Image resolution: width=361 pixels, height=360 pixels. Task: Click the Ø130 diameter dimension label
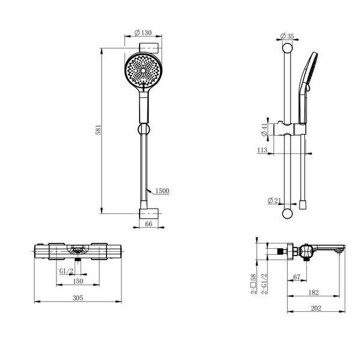(x=143, y=32)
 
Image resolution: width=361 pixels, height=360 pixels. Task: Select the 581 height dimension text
(x=98, y=130)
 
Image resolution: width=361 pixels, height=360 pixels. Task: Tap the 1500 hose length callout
(x=162, y=191)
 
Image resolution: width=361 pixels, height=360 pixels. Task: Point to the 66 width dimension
(x=149, y=224)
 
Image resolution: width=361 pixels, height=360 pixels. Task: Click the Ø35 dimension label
(x=287, y=36)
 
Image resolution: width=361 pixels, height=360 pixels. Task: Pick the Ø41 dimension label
(x=264, y=130)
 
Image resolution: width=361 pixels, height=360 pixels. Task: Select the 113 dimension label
(x=262, y=150)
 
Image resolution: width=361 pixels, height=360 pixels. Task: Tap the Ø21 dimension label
(x=274, y=201)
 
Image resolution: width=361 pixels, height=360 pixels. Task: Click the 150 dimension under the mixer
(x=78, y=281)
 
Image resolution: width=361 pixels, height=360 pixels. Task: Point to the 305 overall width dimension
(x=78, y=298)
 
